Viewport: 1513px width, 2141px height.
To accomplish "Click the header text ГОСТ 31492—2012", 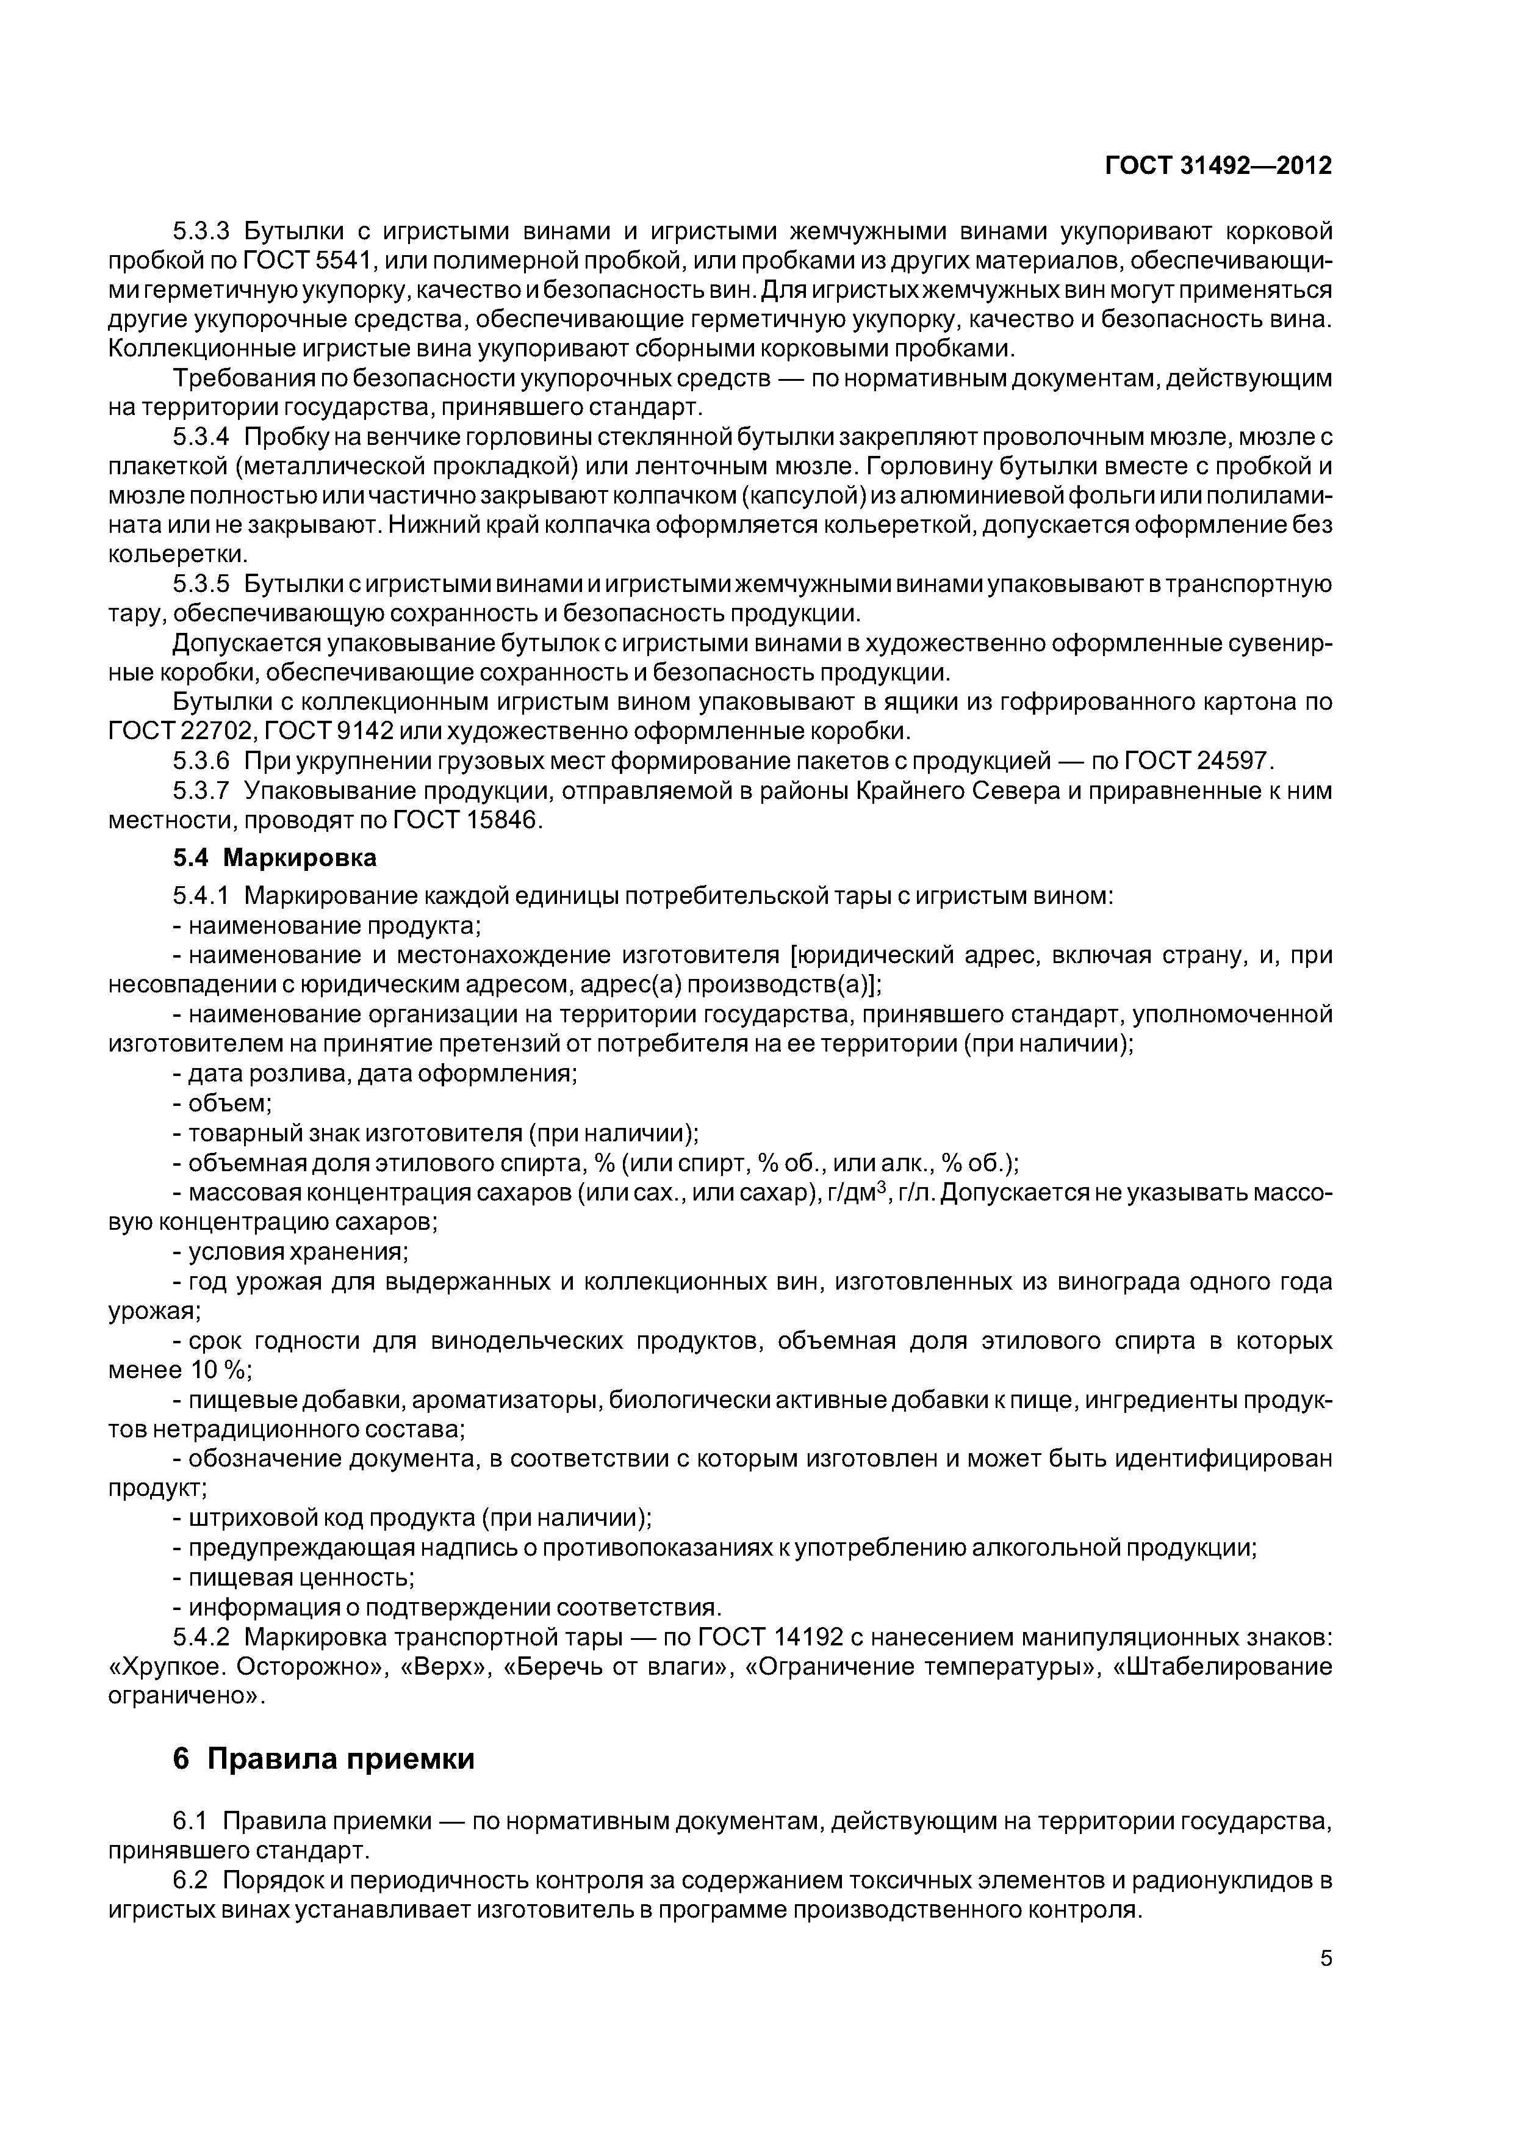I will click(x=1218, y=166).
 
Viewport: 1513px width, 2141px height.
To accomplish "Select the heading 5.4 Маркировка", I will click(x=275, y=856).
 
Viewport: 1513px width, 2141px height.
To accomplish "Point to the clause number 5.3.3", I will click(x=201, y=230).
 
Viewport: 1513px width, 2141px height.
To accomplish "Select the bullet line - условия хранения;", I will click(x=291, y=1251).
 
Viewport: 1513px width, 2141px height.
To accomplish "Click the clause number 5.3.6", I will click(x=201, y=761).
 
